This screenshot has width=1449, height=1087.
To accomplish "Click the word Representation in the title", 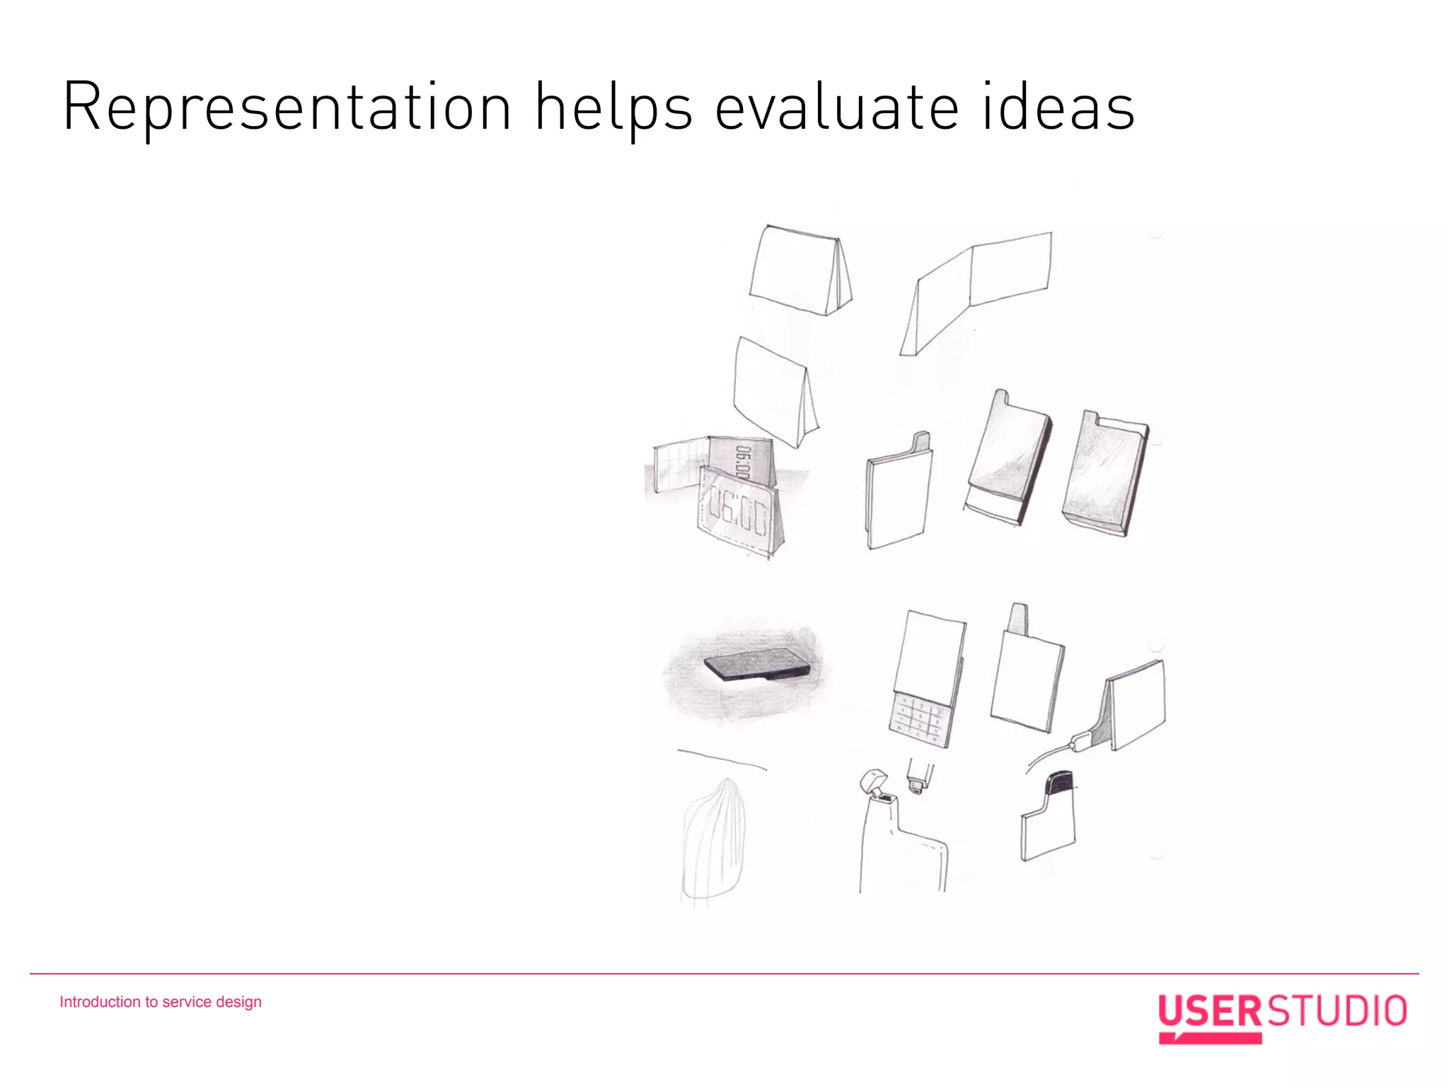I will pyautogui.click(x=287, y=108).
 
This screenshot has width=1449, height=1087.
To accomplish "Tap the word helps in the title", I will pyautogui.click(x=613, y=108).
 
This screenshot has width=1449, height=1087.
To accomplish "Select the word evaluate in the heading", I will pyautogui.click(x=836, y=108).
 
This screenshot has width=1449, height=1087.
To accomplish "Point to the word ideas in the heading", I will pyautogui.click(x=1058, y=108).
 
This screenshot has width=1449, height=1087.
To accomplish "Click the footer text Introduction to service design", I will pyautogui.click(x=161, y=1001).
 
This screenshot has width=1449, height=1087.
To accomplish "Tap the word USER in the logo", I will pyautogui.click(x=1209, y=1011).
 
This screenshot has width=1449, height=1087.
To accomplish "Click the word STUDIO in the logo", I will pyautogui.click(x=1337, y=1011).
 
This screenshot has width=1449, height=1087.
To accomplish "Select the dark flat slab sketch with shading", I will pyautogui.click(x=757, y=665).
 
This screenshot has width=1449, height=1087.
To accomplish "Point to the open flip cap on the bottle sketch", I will pyautogui.click(x=873, y=781).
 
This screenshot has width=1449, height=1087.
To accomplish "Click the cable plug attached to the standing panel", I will pyautogui.click(x=1080, y=742).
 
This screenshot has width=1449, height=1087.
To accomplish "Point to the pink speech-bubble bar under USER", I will pyautogui.click(x=1210, y=1038).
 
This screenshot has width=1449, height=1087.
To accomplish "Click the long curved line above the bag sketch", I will pyautogui.click(x=722, y=759).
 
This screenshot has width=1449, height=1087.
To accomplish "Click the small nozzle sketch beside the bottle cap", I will pyautogui.click(x=918, y=776).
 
